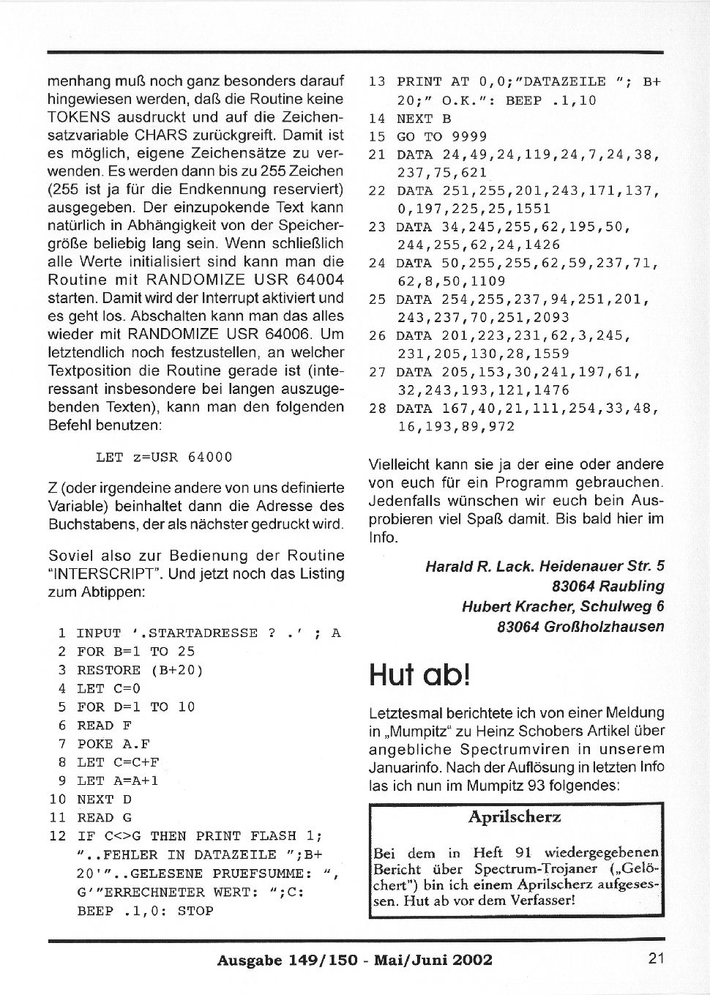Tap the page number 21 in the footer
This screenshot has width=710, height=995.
coord(656,958)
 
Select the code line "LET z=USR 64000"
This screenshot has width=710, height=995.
coord(164,458)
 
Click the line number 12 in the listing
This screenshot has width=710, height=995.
coord(58,836)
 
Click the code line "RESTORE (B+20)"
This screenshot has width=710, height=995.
coord(140,670)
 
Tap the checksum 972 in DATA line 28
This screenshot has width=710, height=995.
coord(501,427)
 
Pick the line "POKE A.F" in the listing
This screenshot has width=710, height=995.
coord(105,744)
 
